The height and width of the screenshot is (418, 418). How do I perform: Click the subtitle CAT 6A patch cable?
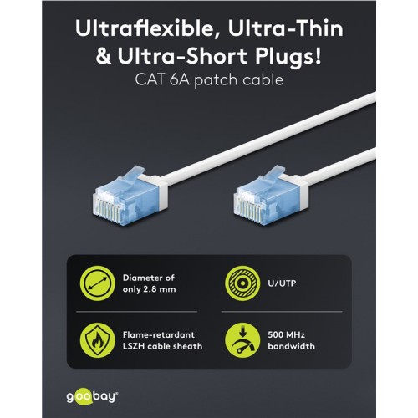pyautogui.click(x=209, y=84)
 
